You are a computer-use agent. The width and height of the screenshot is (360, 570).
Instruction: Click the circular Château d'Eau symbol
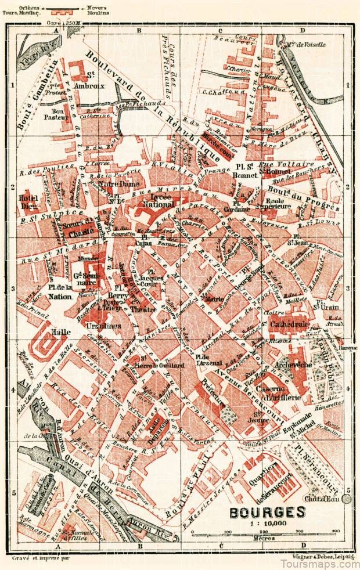click(347, 499)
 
